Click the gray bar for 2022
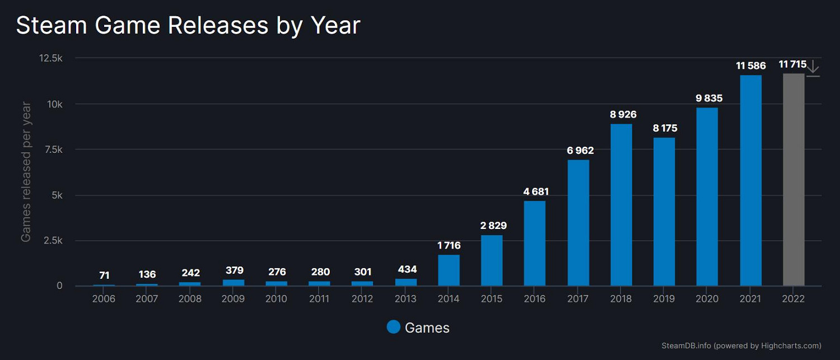coord(794,180)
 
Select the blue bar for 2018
coord(621,205)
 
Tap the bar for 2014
coord(449,270)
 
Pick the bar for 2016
coord(535,244)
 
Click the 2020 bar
coord(707,197)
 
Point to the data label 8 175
coord(665,128)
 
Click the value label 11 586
coord(750,66)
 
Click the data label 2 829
coord(492,226)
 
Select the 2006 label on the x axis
coord(104,299)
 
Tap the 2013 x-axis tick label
coord(405,299)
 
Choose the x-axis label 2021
coord(750,299)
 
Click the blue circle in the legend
coord(394,327)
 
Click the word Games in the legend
coord(427,328)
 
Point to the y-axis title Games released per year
coord(26,171)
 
